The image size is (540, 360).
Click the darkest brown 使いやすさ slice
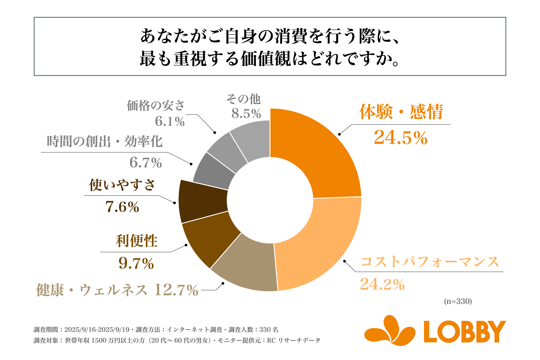coord(202,201)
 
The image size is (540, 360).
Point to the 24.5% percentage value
coord(400,138)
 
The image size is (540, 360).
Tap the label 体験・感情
coord(401,112)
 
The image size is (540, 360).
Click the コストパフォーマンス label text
coord(430,262)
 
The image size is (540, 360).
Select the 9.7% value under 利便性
coord(136,264)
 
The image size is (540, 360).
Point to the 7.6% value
coord(122,207)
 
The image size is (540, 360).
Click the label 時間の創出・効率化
coord(105,141)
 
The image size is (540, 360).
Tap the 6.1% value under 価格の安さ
coord(170,121)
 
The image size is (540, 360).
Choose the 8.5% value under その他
coord(246,114)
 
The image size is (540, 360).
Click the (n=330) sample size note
coord(458,301)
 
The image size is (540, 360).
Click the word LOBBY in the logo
coord(465,332)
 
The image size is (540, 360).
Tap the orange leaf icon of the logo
coord(390,330)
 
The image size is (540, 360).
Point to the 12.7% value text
coord(176,290)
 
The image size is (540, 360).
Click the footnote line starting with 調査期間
coord(156,330)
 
